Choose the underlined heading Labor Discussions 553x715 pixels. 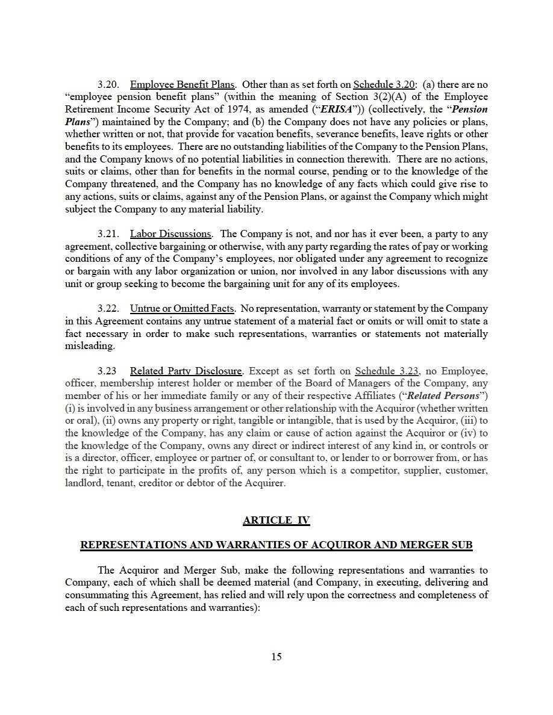point(170,234)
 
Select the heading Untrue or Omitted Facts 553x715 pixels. point(182,309)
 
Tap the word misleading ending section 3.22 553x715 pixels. point(89,346)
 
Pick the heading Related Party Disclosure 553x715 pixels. point(186,371)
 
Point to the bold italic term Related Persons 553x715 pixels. point(444,396)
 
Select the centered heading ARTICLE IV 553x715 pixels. point(276,521)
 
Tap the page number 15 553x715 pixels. point(276,657)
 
